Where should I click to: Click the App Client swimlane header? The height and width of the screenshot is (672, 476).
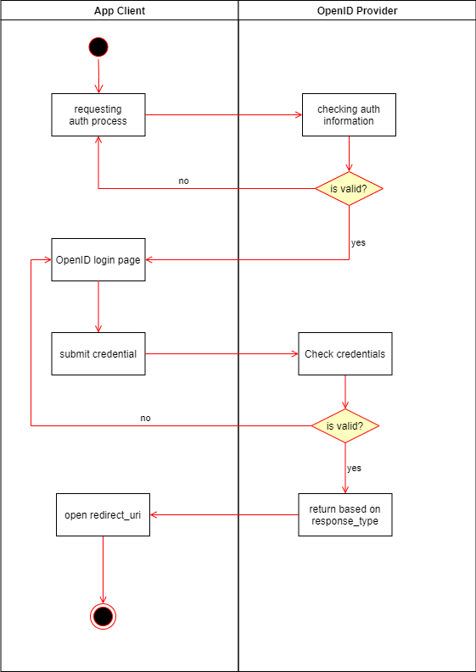119,10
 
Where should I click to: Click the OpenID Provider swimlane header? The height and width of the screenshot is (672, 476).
356,10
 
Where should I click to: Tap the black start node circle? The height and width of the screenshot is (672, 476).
98,47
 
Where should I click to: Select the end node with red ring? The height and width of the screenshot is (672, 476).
103,616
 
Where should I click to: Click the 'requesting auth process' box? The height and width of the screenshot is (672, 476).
98,114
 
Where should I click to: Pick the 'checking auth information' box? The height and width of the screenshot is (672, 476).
349,114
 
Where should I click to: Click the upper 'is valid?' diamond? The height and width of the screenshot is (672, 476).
349,188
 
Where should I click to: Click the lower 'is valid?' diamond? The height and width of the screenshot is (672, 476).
344,425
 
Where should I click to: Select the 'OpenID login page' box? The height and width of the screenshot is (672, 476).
98,259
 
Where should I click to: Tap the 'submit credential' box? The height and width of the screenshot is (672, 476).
98,353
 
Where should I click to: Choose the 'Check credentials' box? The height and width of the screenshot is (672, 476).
344,353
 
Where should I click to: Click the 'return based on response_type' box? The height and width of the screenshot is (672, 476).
344,514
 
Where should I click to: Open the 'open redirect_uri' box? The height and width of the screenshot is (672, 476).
103,514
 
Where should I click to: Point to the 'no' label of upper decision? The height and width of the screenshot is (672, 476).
183,181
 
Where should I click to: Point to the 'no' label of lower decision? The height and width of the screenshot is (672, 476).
145,419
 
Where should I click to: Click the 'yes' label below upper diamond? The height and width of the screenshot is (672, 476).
358,242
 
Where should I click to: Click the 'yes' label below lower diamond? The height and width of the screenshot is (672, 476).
354,468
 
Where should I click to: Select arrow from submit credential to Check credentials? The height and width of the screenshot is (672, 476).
221,353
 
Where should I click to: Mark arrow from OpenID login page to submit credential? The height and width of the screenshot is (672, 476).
98,306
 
